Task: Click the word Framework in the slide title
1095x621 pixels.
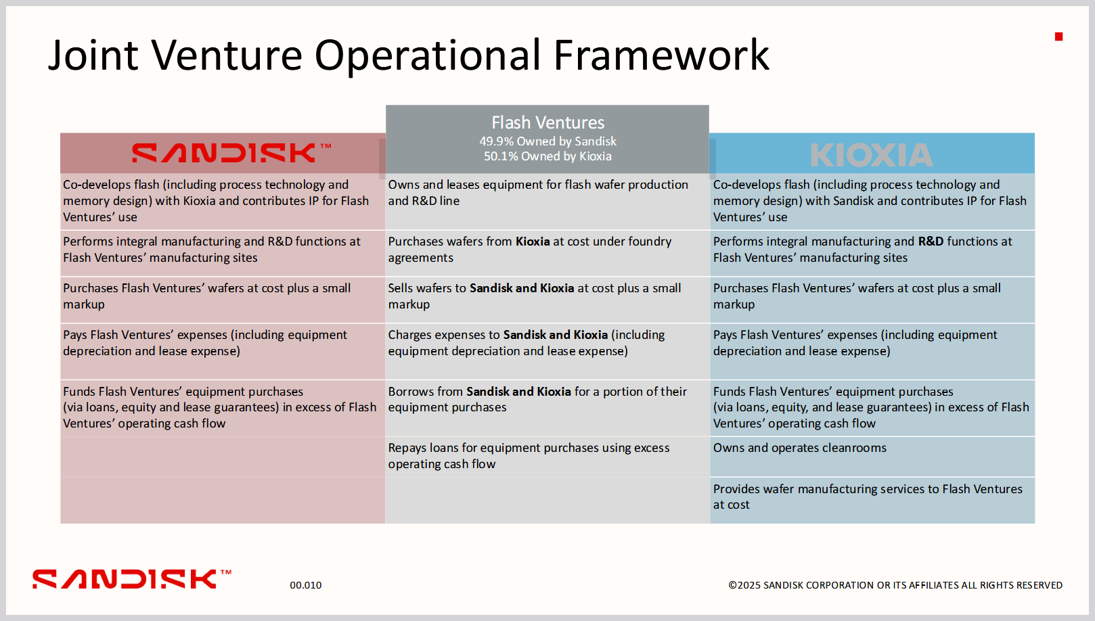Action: [661, 55]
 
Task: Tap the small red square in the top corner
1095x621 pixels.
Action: [1059, 37]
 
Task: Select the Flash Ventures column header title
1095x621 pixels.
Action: [547, 122]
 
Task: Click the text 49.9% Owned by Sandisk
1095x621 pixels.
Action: [547, 141]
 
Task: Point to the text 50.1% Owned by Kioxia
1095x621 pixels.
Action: [547, 156]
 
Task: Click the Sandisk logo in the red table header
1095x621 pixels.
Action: [231, 153]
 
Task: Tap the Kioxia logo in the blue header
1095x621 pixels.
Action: [872, 155]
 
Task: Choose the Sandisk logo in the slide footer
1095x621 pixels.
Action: [132, 579]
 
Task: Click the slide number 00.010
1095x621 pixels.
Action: [305, 585]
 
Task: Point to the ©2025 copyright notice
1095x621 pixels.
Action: [895, 585]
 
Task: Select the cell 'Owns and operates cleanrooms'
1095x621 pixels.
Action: [799, 448]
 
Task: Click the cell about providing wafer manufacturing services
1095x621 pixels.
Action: [868, 497]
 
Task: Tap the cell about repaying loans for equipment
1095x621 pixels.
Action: [529, 456]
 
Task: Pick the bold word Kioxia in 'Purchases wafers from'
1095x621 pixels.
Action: [533, 241]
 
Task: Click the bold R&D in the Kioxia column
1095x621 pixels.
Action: [931, 241]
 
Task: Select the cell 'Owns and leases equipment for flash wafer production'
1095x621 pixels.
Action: [538, 193]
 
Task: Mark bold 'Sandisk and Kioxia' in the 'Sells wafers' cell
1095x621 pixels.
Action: [522, 288]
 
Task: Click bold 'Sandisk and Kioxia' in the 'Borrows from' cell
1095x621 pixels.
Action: [518, 392]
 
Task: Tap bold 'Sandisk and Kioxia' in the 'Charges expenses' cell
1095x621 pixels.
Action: [556, 335]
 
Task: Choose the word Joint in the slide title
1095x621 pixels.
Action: [93, 55]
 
